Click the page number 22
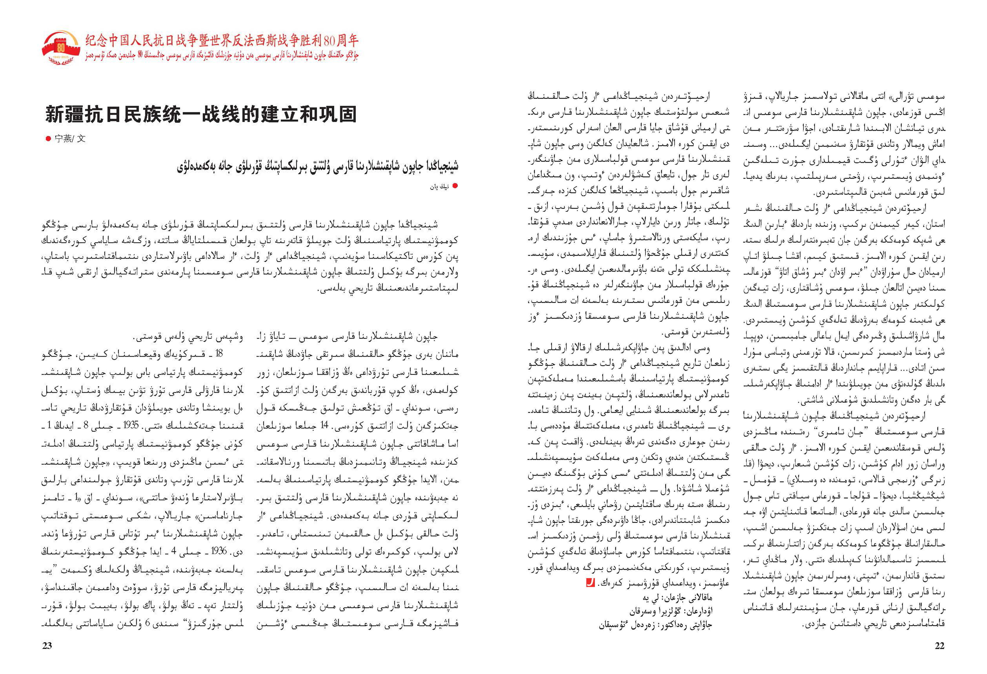(939, 645)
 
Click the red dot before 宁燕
(48, 138)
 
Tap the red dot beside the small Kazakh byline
(455, 186)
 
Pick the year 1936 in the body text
(219, 551)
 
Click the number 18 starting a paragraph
(219, 353)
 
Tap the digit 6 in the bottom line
(147, 624)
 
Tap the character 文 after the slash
(81, 138)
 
